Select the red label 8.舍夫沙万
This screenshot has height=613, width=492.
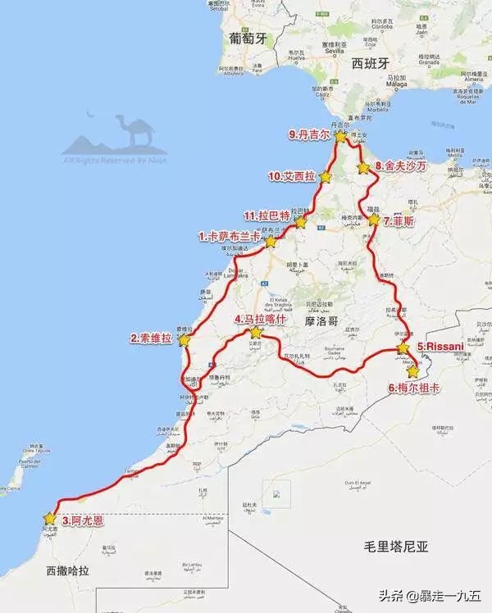[401, 166]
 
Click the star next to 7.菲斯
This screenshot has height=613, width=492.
[374, 220]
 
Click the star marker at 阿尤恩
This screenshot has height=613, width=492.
[50, 518]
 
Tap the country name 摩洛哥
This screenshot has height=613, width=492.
[321, 321]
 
